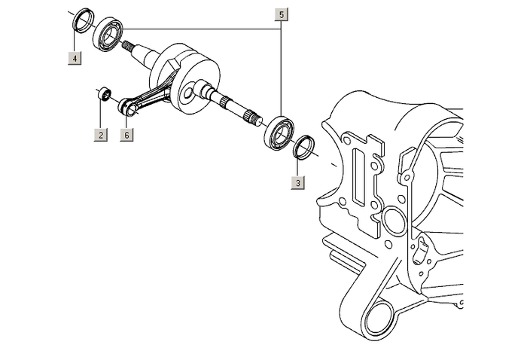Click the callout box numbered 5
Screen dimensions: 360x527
[281, 15]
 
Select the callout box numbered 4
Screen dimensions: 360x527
[74, 57]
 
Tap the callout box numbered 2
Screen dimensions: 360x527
[100, 136]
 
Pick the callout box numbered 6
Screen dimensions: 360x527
[126, 136]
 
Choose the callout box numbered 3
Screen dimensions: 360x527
[298, 183]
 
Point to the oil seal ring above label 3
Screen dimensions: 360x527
[303, 146]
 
